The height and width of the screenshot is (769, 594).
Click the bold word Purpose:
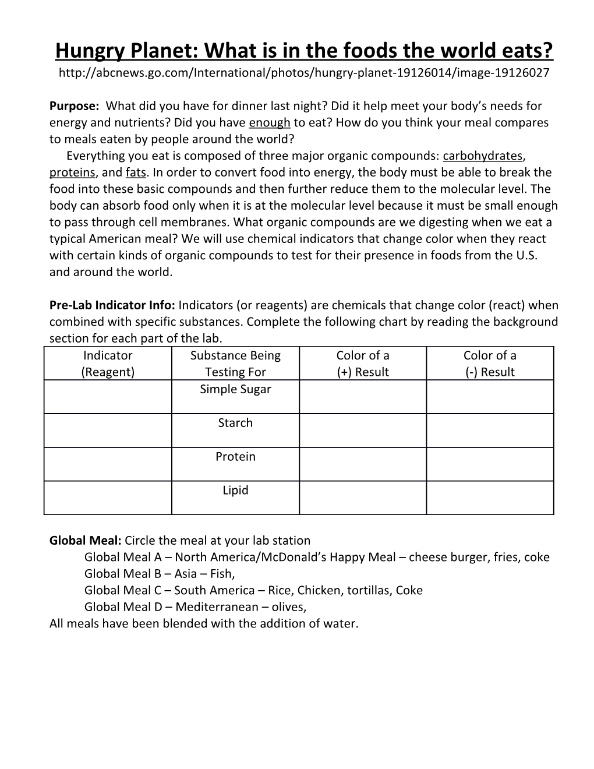point(74,106)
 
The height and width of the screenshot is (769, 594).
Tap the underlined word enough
point(269,122)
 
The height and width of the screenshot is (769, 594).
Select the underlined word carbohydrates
point(483,156)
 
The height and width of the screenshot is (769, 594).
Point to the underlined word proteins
point(72,172)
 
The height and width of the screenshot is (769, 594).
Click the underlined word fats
point(136,172)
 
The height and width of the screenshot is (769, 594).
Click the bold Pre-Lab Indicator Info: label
point(112,305)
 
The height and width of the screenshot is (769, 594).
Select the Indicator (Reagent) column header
point(108,364)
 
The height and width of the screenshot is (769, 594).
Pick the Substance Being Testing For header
point(235,364)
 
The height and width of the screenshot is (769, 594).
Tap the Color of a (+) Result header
point(363,364)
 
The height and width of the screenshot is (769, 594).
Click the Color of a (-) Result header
point(490,364)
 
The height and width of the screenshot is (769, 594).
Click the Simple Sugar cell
point(235,389)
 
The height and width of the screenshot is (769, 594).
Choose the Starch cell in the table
point(235,423)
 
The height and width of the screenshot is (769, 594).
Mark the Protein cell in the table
point(235,457)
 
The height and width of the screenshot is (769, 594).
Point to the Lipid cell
point(235,491)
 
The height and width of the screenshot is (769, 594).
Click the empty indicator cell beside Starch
point(108,431)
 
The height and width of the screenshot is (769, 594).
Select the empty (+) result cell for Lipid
point(363,498)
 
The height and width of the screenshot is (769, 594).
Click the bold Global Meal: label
point(85,540)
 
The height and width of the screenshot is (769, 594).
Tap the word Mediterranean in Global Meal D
point(217,607)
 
